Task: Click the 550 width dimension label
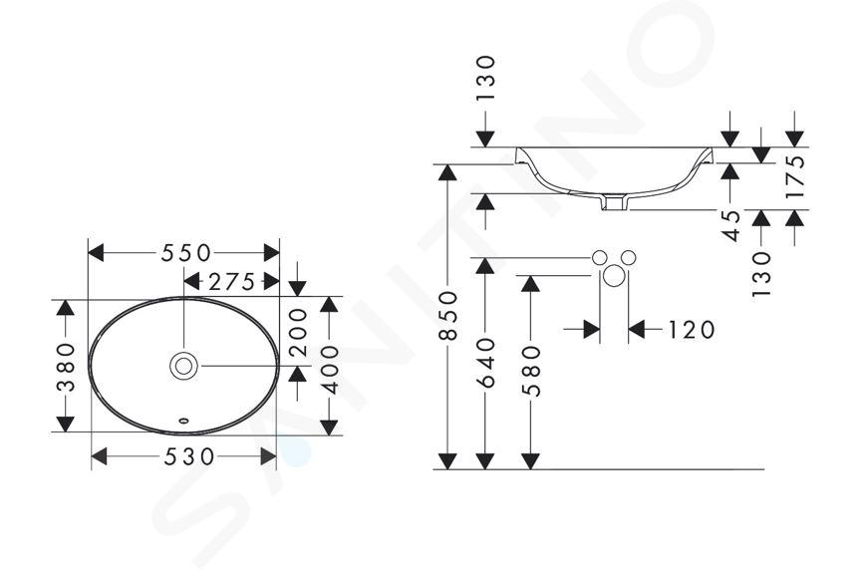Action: click(186, 253)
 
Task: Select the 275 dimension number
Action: click(231, 282)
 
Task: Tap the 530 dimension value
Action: click(188, 456)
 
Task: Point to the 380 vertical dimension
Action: click(66, 367)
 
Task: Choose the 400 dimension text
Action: click(330, 370)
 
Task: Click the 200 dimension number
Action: click(298, 332)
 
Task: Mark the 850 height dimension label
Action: click(447, 316)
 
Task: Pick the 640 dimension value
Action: click(485, 363)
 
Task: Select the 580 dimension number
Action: click(531, 371)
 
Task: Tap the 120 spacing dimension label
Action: click(692, 330)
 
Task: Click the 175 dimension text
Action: click(794, 176)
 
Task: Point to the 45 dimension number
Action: click(730, 226)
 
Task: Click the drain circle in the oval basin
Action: click(183, 366)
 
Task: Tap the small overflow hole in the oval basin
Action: click(184, 421)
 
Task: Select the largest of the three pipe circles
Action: click(613, 275)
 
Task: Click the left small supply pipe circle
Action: click(600, 257)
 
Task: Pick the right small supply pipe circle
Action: click(628, 257)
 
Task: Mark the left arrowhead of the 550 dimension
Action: click(97, 253)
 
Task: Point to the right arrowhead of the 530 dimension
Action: click(268, 456)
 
